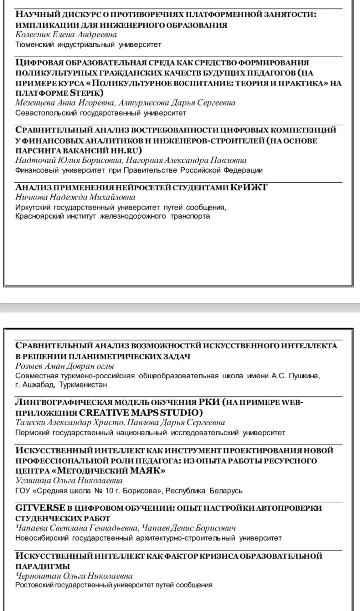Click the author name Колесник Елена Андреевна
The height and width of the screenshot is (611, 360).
point(66,35)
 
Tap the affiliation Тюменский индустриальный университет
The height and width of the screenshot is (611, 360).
point(88,45)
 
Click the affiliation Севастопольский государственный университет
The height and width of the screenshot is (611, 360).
point(101,113)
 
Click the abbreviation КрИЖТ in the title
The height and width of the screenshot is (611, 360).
point(249,187)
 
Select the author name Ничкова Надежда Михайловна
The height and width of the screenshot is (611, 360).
point(75,197)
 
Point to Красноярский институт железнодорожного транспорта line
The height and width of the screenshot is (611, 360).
point(112,216)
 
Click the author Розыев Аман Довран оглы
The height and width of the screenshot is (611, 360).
point(64,366)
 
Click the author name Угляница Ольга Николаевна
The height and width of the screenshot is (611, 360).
point(69,481)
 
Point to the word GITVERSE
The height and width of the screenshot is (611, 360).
point(40,508)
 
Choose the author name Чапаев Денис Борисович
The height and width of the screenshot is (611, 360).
point(189,528)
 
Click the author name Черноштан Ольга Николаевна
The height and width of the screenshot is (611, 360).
point(74,576)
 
